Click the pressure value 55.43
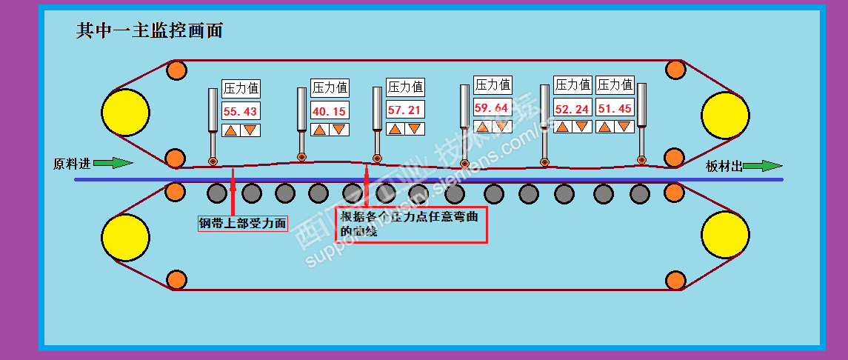[x=241, y=112]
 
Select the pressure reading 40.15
[x=330, y=112]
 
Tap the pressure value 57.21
[x=406, y=110]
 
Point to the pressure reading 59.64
[x=492, y=107]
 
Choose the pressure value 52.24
[x=572, y=109]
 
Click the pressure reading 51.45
[x=615, y=108]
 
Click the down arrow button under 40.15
[x=338, y=130]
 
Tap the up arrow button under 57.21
[x=396, y=129]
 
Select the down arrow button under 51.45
[x=624, y=126]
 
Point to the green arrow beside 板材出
[x=762, y=166]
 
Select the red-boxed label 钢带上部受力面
[x=242, y=223]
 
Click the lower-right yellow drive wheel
[x=724, y=236]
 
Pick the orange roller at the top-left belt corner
[x=176, y=71]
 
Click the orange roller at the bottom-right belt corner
[x=675, y=280]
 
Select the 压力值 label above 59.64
[x=493, y=85]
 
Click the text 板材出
[x=724, y=166]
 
